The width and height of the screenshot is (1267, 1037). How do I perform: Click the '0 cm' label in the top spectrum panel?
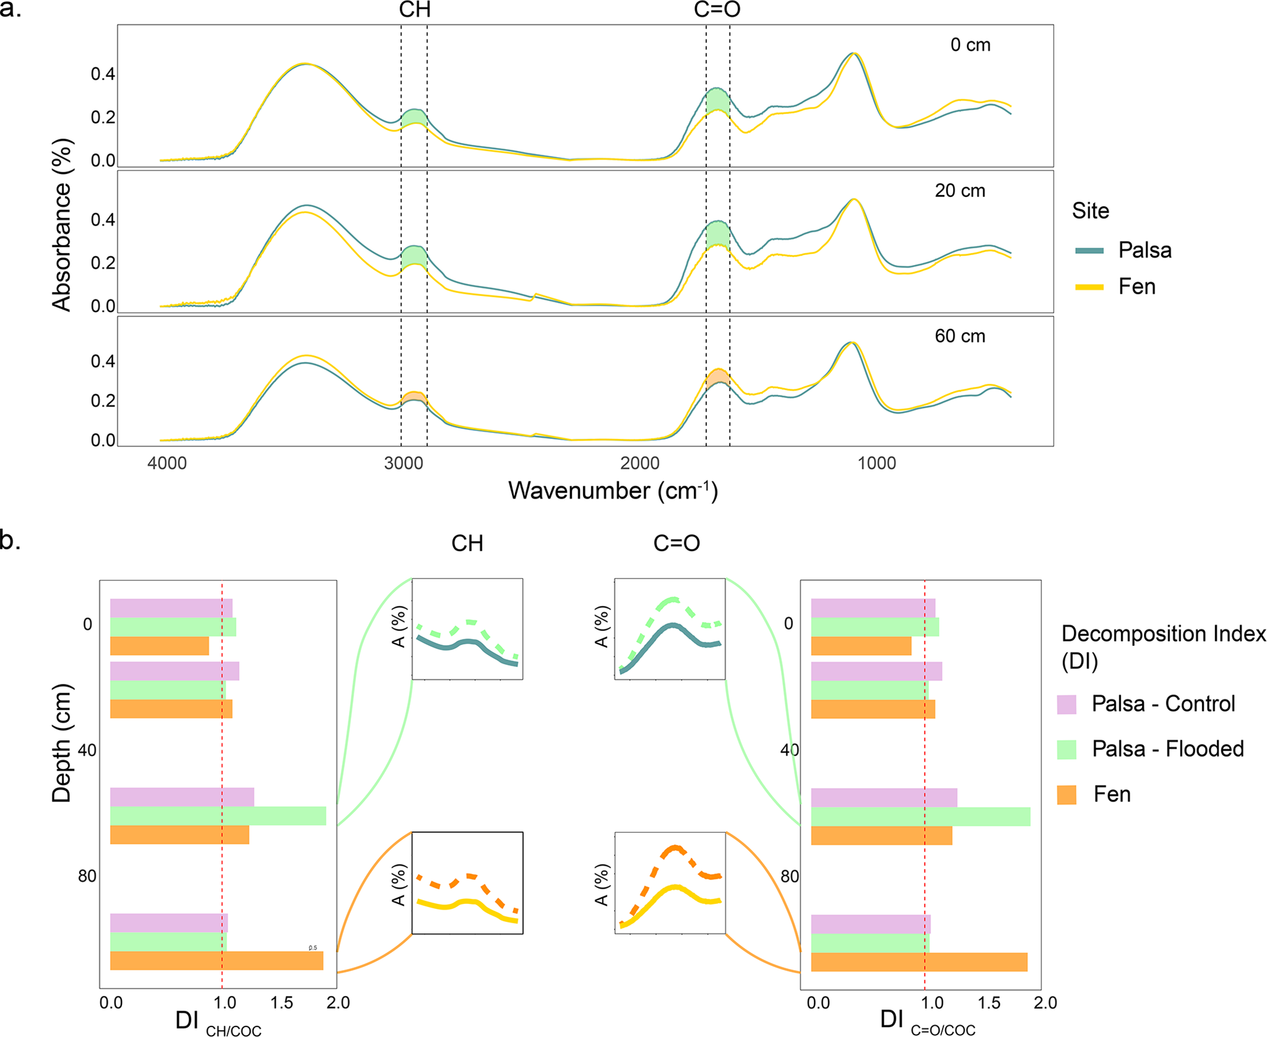coord(970,45)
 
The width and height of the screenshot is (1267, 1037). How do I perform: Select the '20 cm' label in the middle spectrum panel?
coord(960,191)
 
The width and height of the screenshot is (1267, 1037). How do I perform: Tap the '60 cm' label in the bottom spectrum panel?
coord(960,336)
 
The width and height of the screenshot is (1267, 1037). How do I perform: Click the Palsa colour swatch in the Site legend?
coord(1089,250)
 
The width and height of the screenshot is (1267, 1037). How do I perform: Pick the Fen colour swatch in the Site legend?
coord(1089,287)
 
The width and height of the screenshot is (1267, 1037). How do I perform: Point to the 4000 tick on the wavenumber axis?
coord(167,463)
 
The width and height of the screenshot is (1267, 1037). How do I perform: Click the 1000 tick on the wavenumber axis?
coord(877,463)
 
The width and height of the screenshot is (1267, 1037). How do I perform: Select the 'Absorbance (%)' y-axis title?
coord(62,224)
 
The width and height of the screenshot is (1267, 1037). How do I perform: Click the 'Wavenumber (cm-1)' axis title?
coord(613,491)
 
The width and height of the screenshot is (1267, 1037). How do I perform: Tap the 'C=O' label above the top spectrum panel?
coord(717,10)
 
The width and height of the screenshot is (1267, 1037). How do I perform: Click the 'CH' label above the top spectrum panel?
coord(414,10)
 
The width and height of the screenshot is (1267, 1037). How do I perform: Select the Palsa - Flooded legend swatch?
coord(1067,749)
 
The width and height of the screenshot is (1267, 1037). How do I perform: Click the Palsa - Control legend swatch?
coord(1067,704)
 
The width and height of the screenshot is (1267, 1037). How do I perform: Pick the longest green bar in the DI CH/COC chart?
coord(218,816)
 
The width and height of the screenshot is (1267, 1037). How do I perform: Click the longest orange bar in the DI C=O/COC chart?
coord(919,962)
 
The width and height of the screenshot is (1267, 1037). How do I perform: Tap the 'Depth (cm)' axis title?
coord(62,743)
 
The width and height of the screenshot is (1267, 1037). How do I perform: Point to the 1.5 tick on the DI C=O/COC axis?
coord(989,1003)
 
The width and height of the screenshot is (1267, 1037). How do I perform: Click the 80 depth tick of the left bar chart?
coord(87,876)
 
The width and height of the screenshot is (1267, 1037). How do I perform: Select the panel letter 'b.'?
coord(10,541)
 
